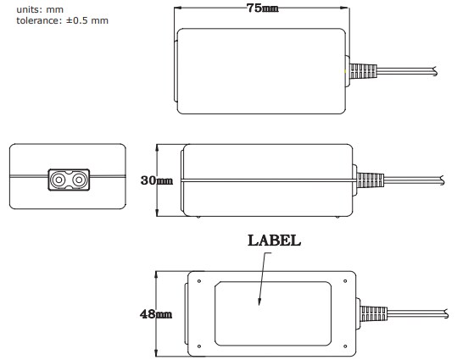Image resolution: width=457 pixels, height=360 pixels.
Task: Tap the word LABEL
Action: (x=274, y=241)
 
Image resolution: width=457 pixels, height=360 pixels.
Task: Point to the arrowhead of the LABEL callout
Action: (x=260, y=304)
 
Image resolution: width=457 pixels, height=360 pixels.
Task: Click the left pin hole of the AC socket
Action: (x=59, y=180)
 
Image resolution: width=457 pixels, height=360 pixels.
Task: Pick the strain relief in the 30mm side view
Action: (x=368, y=180)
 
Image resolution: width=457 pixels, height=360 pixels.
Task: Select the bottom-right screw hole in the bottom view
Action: (x=345, y=345)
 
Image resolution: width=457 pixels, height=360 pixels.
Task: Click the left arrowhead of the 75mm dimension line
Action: (x=177, y=8)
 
